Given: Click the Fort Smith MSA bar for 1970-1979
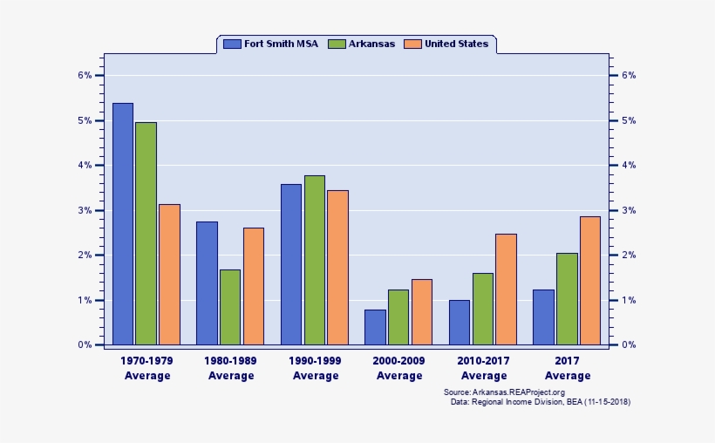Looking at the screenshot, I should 123,224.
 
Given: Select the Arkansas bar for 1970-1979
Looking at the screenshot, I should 146,234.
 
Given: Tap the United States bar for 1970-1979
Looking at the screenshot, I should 169,275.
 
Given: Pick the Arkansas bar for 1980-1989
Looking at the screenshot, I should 230,307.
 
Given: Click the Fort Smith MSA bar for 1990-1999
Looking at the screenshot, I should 291,264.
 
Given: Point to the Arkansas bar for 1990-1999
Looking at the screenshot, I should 315,260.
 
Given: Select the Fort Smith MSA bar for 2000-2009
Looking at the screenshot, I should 375,327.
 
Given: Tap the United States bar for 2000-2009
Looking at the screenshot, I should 422,312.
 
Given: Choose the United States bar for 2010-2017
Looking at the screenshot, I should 506,290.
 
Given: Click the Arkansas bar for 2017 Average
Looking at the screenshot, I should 567,299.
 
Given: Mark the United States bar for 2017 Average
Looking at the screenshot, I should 590,281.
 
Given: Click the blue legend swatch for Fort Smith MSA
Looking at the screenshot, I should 232,44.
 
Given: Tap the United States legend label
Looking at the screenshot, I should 456,44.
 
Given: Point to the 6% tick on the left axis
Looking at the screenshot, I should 85,75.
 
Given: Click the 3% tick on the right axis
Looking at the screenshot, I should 628,210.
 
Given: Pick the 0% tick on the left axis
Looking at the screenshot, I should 85,345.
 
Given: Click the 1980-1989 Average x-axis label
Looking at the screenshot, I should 231,368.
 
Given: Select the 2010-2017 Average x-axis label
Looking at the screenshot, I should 484,368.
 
